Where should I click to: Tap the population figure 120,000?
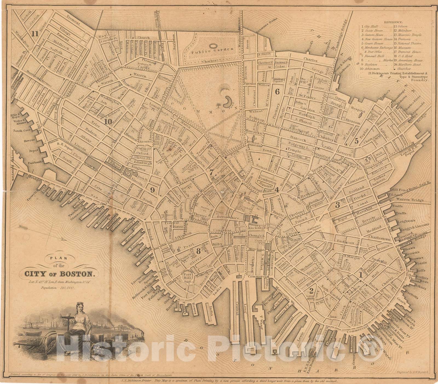coord(67,287)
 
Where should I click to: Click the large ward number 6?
coord(277,92)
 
